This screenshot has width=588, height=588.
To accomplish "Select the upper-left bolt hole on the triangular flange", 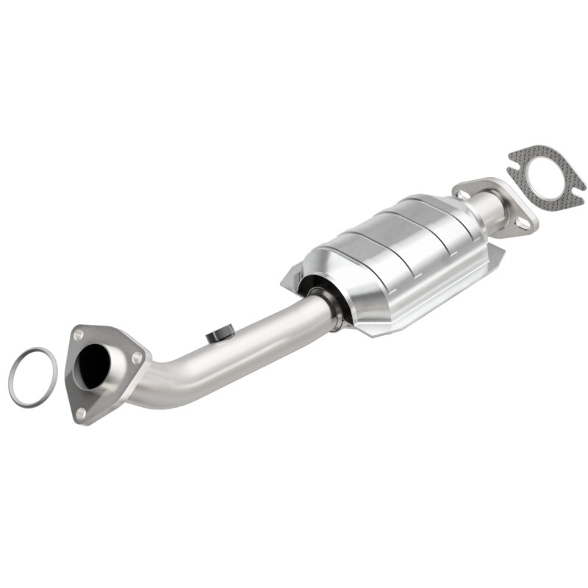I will [77, 334].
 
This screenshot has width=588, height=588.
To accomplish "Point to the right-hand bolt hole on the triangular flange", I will [136, 357].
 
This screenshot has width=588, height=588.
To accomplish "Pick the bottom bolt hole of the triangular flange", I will [80, 412].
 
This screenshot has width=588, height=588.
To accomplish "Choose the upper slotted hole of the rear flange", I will [464, 193].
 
